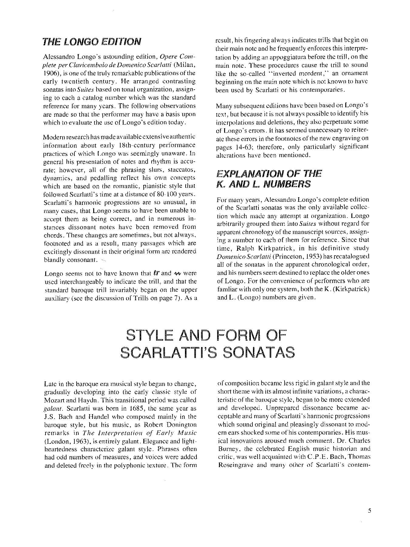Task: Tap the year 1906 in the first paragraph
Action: (50, 73)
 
